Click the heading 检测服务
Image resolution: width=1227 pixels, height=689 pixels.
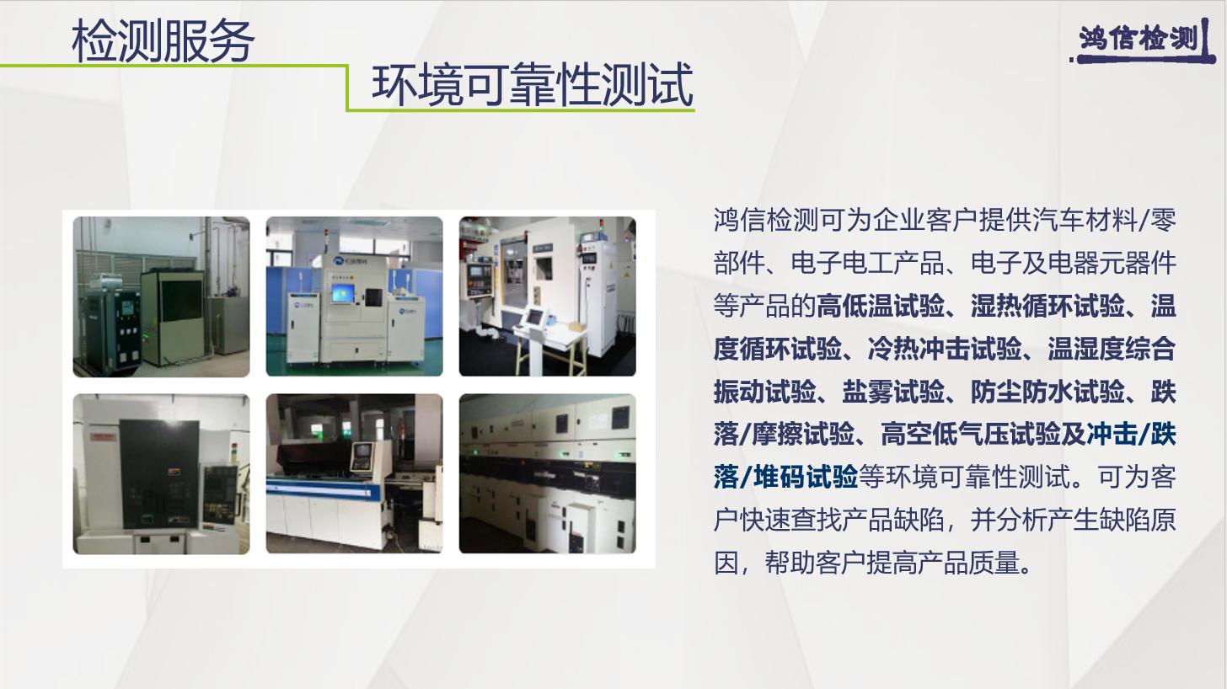(x=163, y=41)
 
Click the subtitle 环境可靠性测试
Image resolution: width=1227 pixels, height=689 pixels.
(x=533, y=84)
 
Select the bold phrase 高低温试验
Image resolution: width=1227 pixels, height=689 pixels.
(x=881, y=306)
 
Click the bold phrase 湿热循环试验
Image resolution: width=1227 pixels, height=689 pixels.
(x=1048, y=306)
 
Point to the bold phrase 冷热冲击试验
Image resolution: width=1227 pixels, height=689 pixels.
(x=945, y=349)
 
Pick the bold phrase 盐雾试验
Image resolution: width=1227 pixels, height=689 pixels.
(x=893, y=391)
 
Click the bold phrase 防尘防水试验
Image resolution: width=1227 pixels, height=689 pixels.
(x=1048, y=391)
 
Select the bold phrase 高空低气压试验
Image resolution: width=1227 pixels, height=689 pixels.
(x=970, y=434)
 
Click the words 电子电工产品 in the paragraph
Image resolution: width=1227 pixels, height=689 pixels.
(x=868, y=263)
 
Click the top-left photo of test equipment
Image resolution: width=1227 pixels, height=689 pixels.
(x=161, y=296)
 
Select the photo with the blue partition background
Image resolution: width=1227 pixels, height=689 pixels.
(x=355, y=296)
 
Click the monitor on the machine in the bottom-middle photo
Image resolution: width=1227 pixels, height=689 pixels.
(x=362, y=452)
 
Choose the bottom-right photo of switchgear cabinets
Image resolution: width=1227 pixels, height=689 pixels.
(x=548, y=473)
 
